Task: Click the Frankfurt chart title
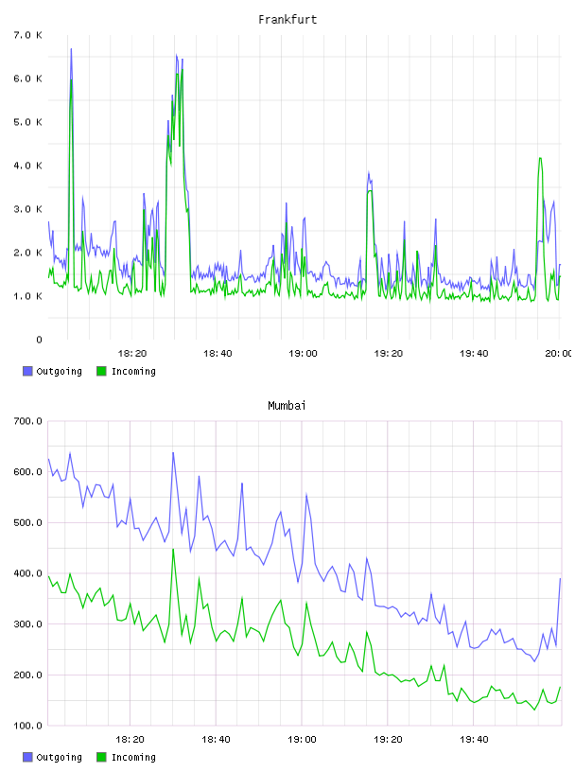pos(287,20)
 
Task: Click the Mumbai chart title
pos(287,406)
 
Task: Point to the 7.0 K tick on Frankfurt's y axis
pos(28,35)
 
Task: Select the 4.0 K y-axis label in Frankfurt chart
pos(28,166)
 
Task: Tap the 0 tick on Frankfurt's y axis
pos(40,340)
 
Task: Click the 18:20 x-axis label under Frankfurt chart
pos(132,354)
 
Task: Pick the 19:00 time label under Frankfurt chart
pos(304,354)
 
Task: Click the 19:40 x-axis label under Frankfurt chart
pos(474,354)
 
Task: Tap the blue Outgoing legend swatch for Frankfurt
pos(27,371)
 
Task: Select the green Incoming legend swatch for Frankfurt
pos(101,371)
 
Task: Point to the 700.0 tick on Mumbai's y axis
pos(28,421)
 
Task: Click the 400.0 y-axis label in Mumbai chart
pos(28,573)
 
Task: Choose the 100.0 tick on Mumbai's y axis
pos(28,726)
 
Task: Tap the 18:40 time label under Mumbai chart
pos(217,740)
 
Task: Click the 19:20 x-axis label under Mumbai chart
pos(388,740)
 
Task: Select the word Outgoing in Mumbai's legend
pos(59,757)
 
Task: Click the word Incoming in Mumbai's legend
pos(133,757)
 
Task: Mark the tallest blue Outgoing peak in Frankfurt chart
pos(71,49)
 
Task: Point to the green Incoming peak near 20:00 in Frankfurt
pos(540,158)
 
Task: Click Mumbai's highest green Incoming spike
pos(173,549)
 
